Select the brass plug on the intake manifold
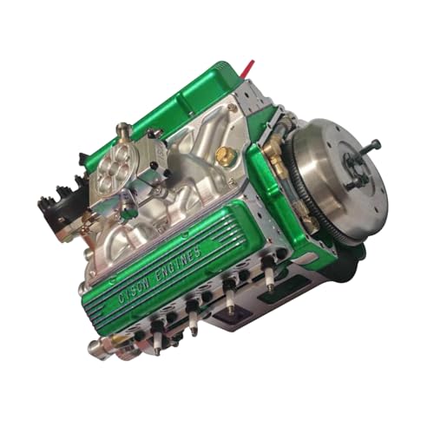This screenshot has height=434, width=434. (x=226, y=156)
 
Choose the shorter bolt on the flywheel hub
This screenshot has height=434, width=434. (x=352, y=183)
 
